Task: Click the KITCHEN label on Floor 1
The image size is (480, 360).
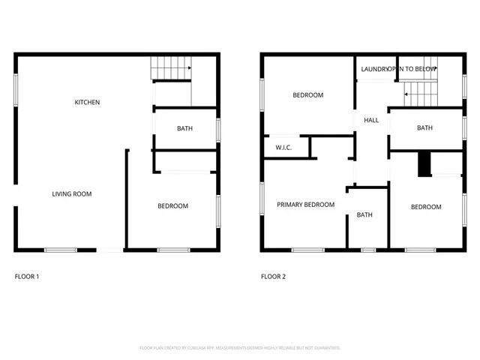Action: [87, 102]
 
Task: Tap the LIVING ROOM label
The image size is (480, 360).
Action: [72, 194]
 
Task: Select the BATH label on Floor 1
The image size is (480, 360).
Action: [184, 128]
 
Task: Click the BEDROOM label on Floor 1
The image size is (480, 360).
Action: [172, 206]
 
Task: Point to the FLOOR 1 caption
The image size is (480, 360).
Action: [27, 277]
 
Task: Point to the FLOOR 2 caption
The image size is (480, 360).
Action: [273, 277]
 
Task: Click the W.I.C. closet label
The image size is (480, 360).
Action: [283, 147]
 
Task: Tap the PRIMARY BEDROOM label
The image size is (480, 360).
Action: [305, 205]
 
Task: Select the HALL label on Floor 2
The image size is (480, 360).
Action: [370, 120]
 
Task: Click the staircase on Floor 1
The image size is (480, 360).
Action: [170, 69]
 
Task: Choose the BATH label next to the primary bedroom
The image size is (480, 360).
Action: [364, 215]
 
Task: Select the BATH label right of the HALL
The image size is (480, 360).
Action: [424, 128]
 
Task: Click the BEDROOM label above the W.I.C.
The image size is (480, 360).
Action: [307, 95]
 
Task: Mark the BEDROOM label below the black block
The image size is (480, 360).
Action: [425, 207]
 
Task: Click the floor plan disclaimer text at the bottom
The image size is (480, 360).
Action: [240, 348]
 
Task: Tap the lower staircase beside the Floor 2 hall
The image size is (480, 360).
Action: [421, 94]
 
